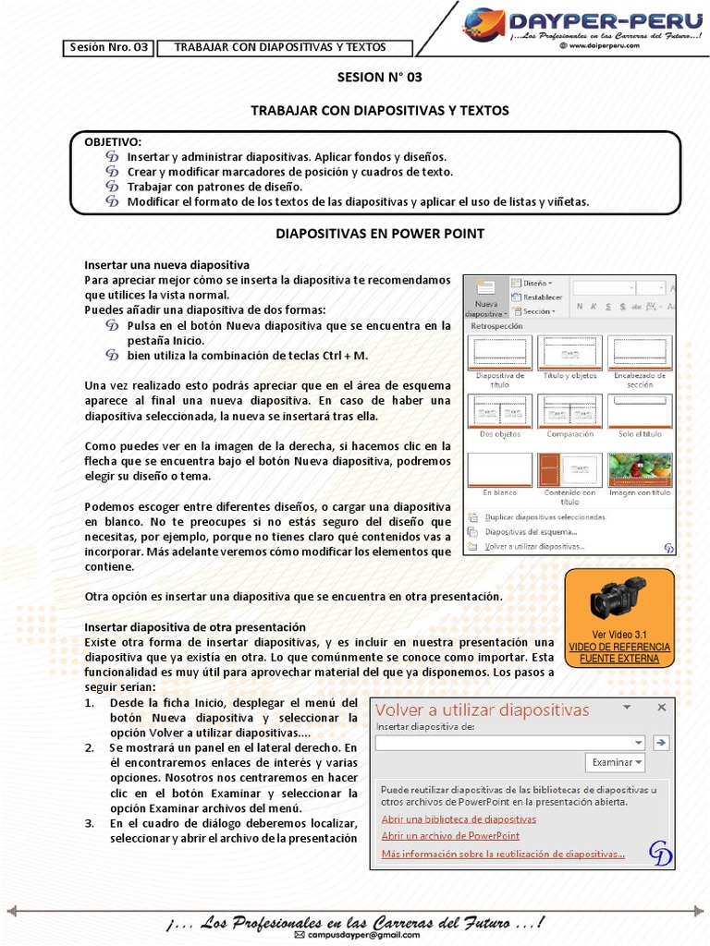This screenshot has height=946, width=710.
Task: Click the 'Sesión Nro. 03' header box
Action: [x=108, y=47]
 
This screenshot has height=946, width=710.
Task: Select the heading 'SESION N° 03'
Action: [x=366, y=78]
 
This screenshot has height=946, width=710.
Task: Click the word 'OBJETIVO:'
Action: [x=113, y=141]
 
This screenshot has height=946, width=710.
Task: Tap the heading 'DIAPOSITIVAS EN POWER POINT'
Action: [x=380, y=234]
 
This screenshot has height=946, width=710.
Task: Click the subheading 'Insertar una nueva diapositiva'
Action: [x=166, y=264]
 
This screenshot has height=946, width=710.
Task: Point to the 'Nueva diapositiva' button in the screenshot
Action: [x=486, y=297]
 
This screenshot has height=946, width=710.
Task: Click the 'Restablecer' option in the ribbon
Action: [x=542, y=297]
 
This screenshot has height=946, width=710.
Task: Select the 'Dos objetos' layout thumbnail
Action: [x=499, y=414]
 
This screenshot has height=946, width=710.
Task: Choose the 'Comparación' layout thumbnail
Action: [x=569, y=414]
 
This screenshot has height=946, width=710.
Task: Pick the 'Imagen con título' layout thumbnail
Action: [x=640, y=473]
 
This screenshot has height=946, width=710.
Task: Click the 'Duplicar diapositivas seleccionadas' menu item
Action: [x=545, y=517]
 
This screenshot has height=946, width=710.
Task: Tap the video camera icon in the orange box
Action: [x=618, y=598]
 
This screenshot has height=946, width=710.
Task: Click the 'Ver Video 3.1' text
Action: [x=618, y=635]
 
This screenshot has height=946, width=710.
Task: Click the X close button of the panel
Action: [x=661, y=708]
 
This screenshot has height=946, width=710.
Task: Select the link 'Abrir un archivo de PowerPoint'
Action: [x=450, y=836]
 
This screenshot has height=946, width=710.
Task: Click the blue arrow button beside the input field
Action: [x=660, y=742]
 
